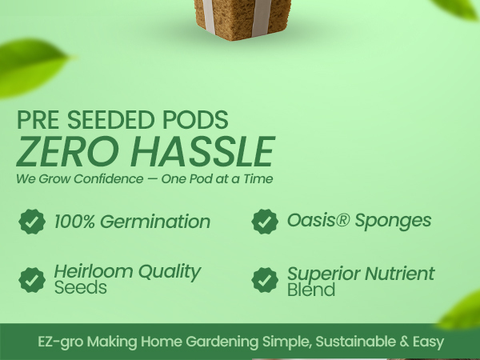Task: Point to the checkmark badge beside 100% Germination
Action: point(32,222)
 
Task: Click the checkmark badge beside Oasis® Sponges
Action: point(265,222)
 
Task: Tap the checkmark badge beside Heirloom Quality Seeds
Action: point(32,279)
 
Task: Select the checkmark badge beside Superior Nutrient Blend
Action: point(265,280)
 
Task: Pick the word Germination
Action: point(159,222)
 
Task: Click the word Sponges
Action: point(395,221)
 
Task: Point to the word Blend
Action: point(311,290)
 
